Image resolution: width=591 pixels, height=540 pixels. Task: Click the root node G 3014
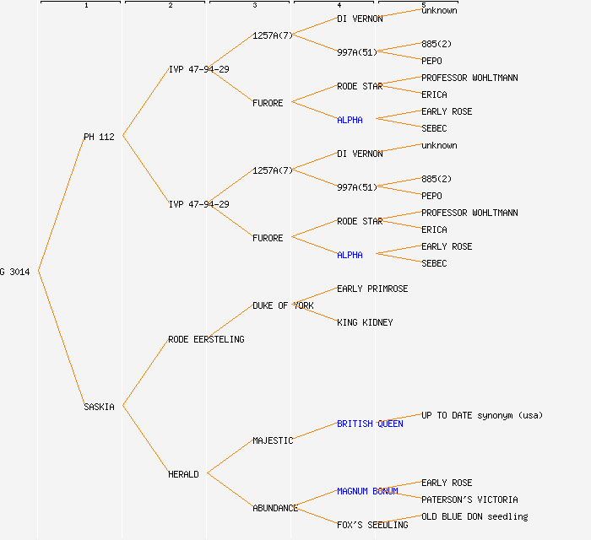click(x=15, y=272)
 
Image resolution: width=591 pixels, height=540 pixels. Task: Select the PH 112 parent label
click(x=99, y=137)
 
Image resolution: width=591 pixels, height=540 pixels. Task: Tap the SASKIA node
click(x=99, y=407)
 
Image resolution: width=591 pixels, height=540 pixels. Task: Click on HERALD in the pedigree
click(x=183, y=474)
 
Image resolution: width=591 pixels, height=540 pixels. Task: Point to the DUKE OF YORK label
click(x=283, y=305)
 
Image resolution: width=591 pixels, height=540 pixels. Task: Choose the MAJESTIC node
click(x=273, y=440)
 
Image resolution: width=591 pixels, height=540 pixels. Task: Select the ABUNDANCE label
click(x=275, y=508)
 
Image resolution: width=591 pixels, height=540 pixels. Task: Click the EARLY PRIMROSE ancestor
click(x=372, y=289)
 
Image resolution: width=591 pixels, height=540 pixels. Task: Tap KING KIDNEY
click(x=365, y=322)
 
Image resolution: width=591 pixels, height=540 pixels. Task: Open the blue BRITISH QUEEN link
click(x=370, y=424)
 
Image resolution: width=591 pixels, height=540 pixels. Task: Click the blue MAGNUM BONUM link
click(x=367, y=491)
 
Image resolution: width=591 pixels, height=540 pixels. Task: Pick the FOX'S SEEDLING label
click(x=372, y=525)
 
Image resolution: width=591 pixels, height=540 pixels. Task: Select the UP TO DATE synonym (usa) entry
click(x=482, y=415)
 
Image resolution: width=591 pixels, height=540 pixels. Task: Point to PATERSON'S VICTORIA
click(x=469, y=499)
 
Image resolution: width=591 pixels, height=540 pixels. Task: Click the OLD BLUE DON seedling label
click(x=474, y=516)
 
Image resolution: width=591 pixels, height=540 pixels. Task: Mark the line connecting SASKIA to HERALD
click(x=145, y=440)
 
